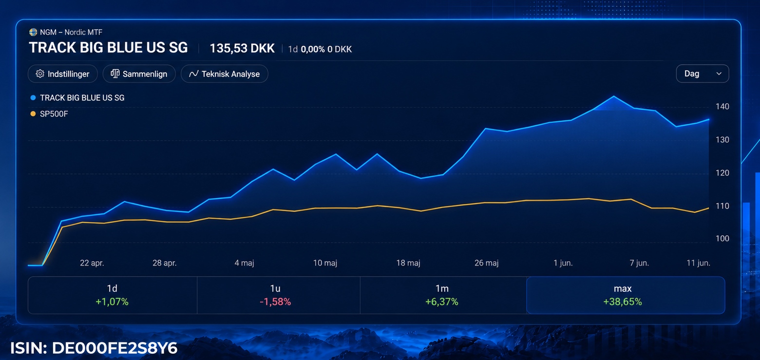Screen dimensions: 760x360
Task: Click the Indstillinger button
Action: (x=63, y=74)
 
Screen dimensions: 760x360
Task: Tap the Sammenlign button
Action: (x=139, y=74)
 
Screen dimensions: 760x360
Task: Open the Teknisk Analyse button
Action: (x=224, y=74)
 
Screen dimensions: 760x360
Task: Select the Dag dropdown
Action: (x=703, y=74)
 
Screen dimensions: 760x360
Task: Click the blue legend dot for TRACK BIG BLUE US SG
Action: (x=33, y=98)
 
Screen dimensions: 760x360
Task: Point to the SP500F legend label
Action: (x=54, y=114)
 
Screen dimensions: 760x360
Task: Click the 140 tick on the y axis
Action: (x=722, y=107)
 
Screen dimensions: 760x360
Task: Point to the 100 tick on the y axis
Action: (x=722, y=239)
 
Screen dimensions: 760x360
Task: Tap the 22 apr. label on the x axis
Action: (x=92, y=263)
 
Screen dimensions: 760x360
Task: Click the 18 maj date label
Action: (x=408, y=263)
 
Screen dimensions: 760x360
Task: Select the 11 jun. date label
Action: (x=698, y=263)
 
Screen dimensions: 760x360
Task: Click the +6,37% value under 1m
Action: (x=442, y=302)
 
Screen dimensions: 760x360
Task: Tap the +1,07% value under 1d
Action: (x=112, y=302)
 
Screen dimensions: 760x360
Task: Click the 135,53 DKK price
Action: (x=242, y=49)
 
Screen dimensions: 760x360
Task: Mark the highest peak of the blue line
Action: (x=613, y=96)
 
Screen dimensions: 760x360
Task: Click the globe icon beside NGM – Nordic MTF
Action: (x=33, y=32)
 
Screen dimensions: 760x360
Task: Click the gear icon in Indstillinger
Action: (x=40, y=74)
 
